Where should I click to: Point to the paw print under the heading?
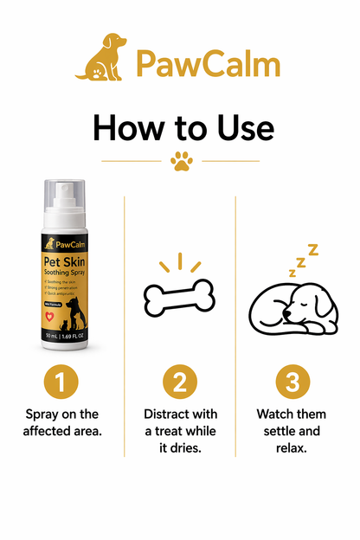tap(181, 161)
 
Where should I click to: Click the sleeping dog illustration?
tap(289, 303)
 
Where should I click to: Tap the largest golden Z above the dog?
tap(313, 250)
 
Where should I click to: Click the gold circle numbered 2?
tap(181, 382)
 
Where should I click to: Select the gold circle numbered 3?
tap(292, 382)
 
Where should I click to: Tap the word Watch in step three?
tap(277, 415)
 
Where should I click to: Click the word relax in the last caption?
tap(292, 448)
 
